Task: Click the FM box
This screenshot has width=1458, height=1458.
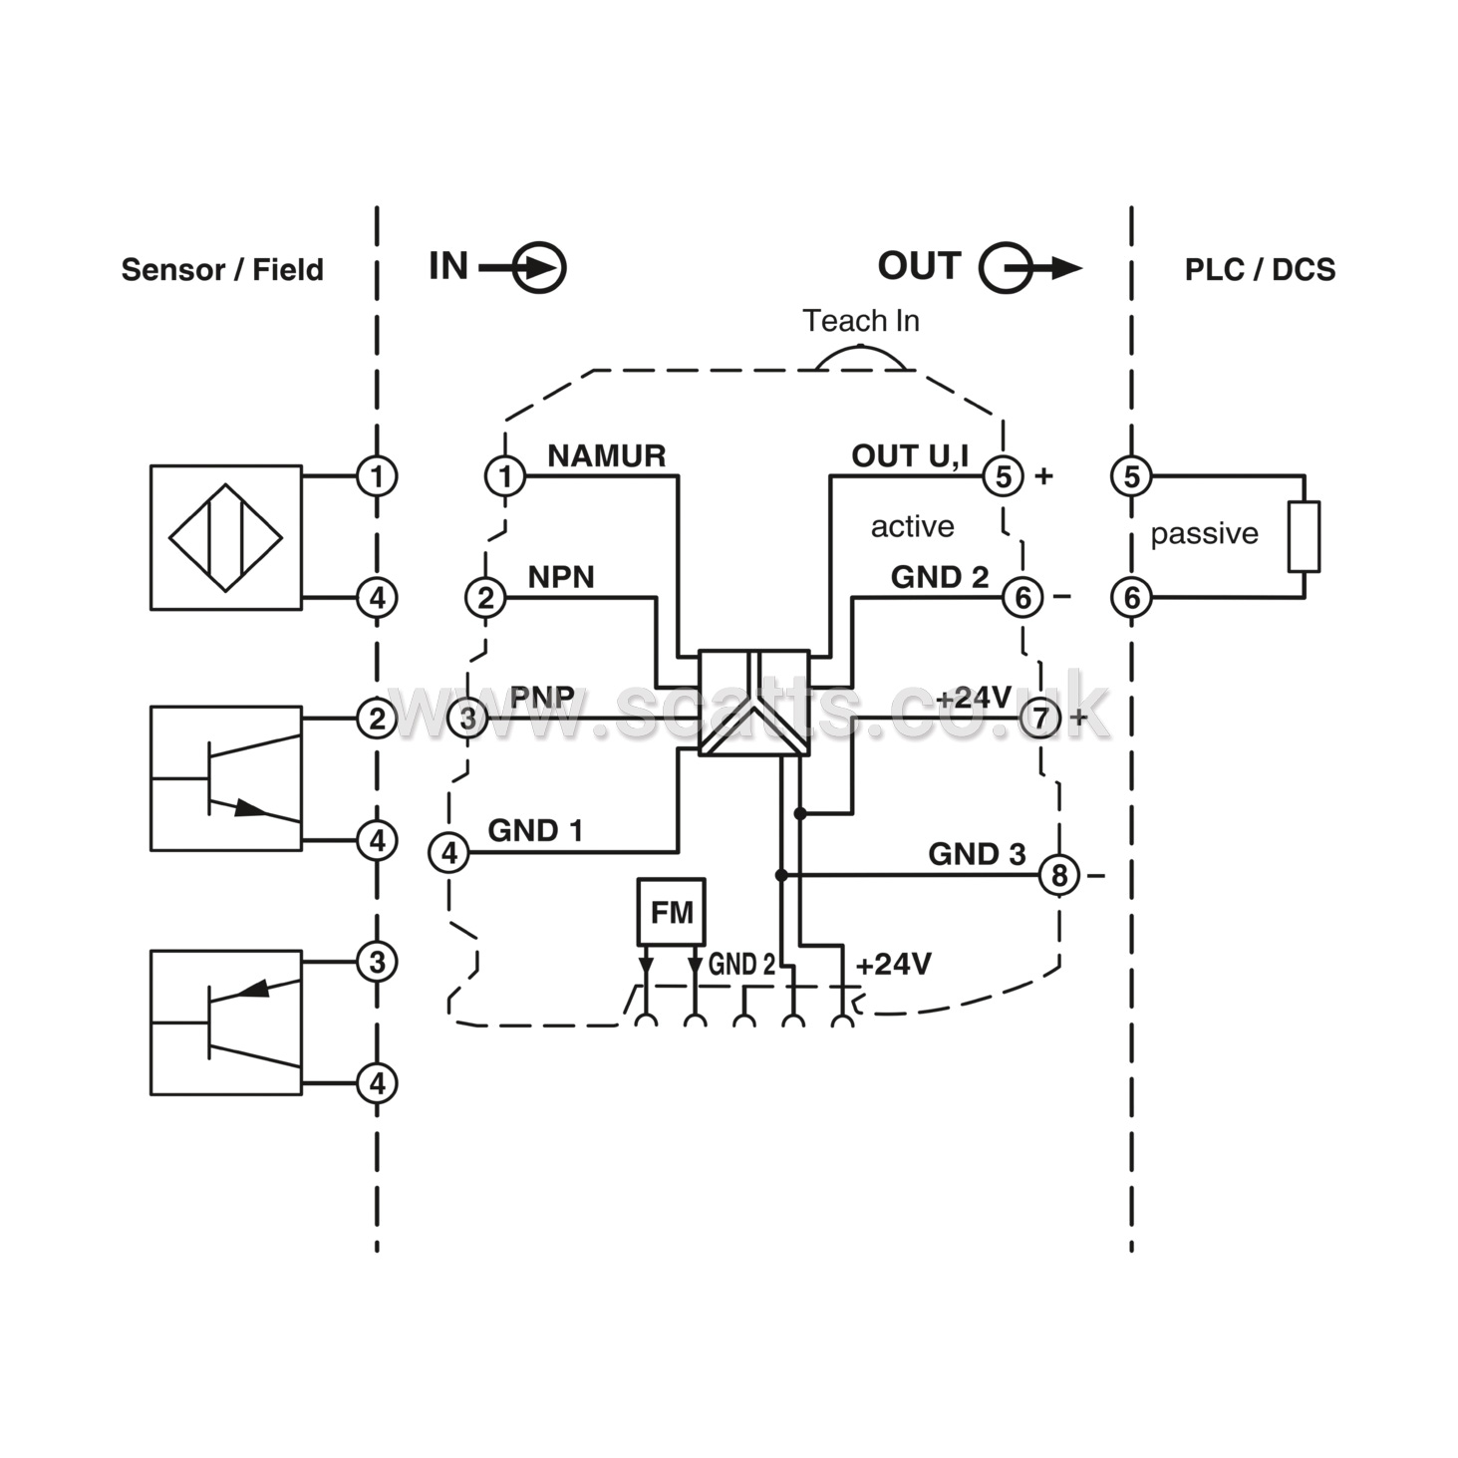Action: click(671, 912)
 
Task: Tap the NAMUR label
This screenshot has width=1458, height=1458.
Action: click(606, 455)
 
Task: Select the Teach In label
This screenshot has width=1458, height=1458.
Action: click(861, 321)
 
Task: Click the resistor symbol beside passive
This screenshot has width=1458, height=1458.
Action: click(1304, 536)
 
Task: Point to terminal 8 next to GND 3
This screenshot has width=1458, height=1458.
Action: click(1058, 875)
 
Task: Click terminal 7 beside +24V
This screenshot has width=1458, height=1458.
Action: click(1040, 718)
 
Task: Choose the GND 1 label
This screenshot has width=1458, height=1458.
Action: click(535, 830)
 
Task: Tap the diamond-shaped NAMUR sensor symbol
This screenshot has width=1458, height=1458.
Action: click(225, 538)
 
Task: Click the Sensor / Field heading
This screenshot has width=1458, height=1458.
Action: click(222, 269)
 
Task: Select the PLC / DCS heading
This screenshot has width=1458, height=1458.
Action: click(1260, 269)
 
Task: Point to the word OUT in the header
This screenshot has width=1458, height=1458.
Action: click(919, 265)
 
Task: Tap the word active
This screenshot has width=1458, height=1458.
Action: click(913, 526)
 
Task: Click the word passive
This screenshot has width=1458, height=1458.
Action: click(1205, 534)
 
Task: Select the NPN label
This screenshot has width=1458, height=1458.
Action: click(561, 577)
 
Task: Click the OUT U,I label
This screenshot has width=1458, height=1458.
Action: click(910, 456)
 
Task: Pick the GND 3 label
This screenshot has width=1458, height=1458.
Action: click(977, 853)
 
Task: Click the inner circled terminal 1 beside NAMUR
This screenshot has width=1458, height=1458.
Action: click(505, 476)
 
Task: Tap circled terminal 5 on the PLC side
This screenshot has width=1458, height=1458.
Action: click(1131, 476)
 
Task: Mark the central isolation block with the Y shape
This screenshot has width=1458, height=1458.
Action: click(754, 703)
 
